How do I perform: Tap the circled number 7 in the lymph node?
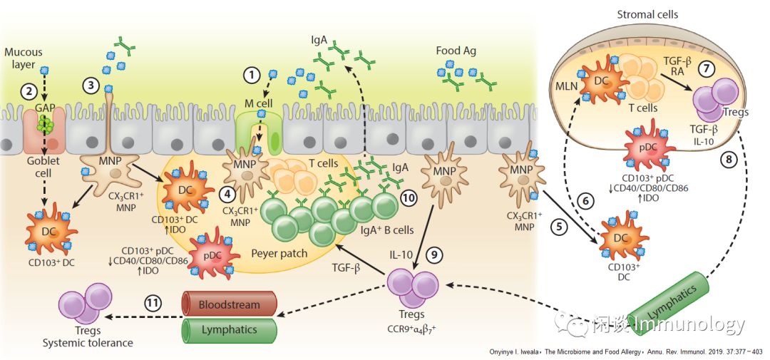(x=705, y=70)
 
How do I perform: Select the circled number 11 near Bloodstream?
(x=151, y=302)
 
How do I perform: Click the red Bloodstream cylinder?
(x=229, y=303)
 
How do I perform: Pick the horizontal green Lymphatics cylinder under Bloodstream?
(x=229, y=330)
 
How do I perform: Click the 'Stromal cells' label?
(x=647, y=14)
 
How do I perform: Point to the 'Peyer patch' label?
(x=278, y=253)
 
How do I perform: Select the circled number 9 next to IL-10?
(x=434, y=253)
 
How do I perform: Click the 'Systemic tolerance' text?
(x=88, y=342)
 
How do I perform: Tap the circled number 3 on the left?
(x=90, y=85)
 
